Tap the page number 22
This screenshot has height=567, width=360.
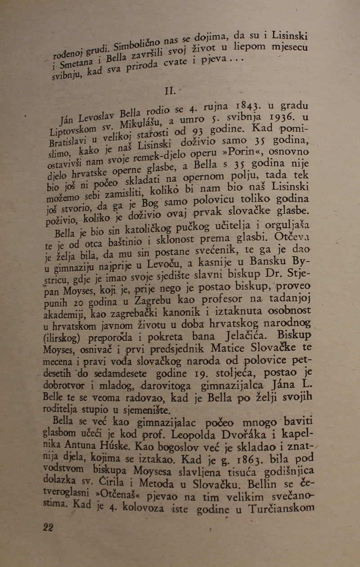tap(48, 527)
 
